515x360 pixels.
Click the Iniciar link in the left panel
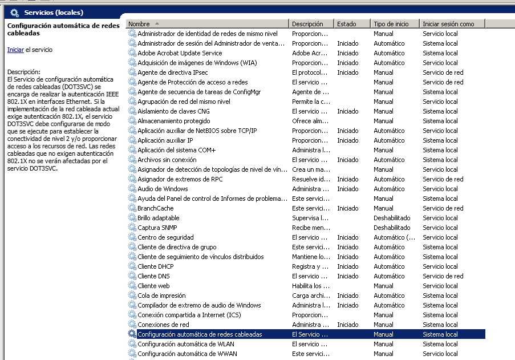click(x=15, y=50)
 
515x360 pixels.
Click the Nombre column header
click(x=139, y=24)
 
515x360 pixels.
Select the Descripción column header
click(x=307, y=24)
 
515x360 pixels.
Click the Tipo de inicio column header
click(x=391, y=24)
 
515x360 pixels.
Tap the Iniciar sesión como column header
click(x=448, y=24)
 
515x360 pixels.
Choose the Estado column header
click(x=346, y=24)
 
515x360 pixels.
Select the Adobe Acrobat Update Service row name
click(x=180, y=53)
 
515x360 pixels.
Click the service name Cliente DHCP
click(x=155, y=266)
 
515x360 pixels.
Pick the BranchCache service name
click(x=155, y=208)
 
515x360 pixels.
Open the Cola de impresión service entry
click(x=161, y=296)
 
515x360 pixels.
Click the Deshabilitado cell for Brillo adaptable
click(x=392, y=218)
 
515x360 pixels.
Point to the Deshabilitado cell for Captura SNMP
click(x=392, y=228)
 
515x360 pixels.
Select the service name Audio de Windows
click(x=163, y=189)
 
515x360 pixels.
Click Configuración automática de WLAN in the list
click(x=186, y=344)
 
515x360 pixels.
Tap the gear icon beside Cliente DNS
click(x=132, y=276)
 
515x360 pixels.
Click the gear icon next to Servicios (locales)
click(x=15, y=12)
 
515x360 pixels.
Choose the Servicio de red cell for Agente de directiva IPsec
click(x=443, y=72)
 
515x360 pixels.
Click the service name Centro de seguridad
click(x=165, y=237)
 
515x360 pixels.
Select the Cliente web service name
click(x=153, y=286)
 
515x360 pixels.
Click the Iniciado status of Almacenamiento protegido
click(x=347, y=121)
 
